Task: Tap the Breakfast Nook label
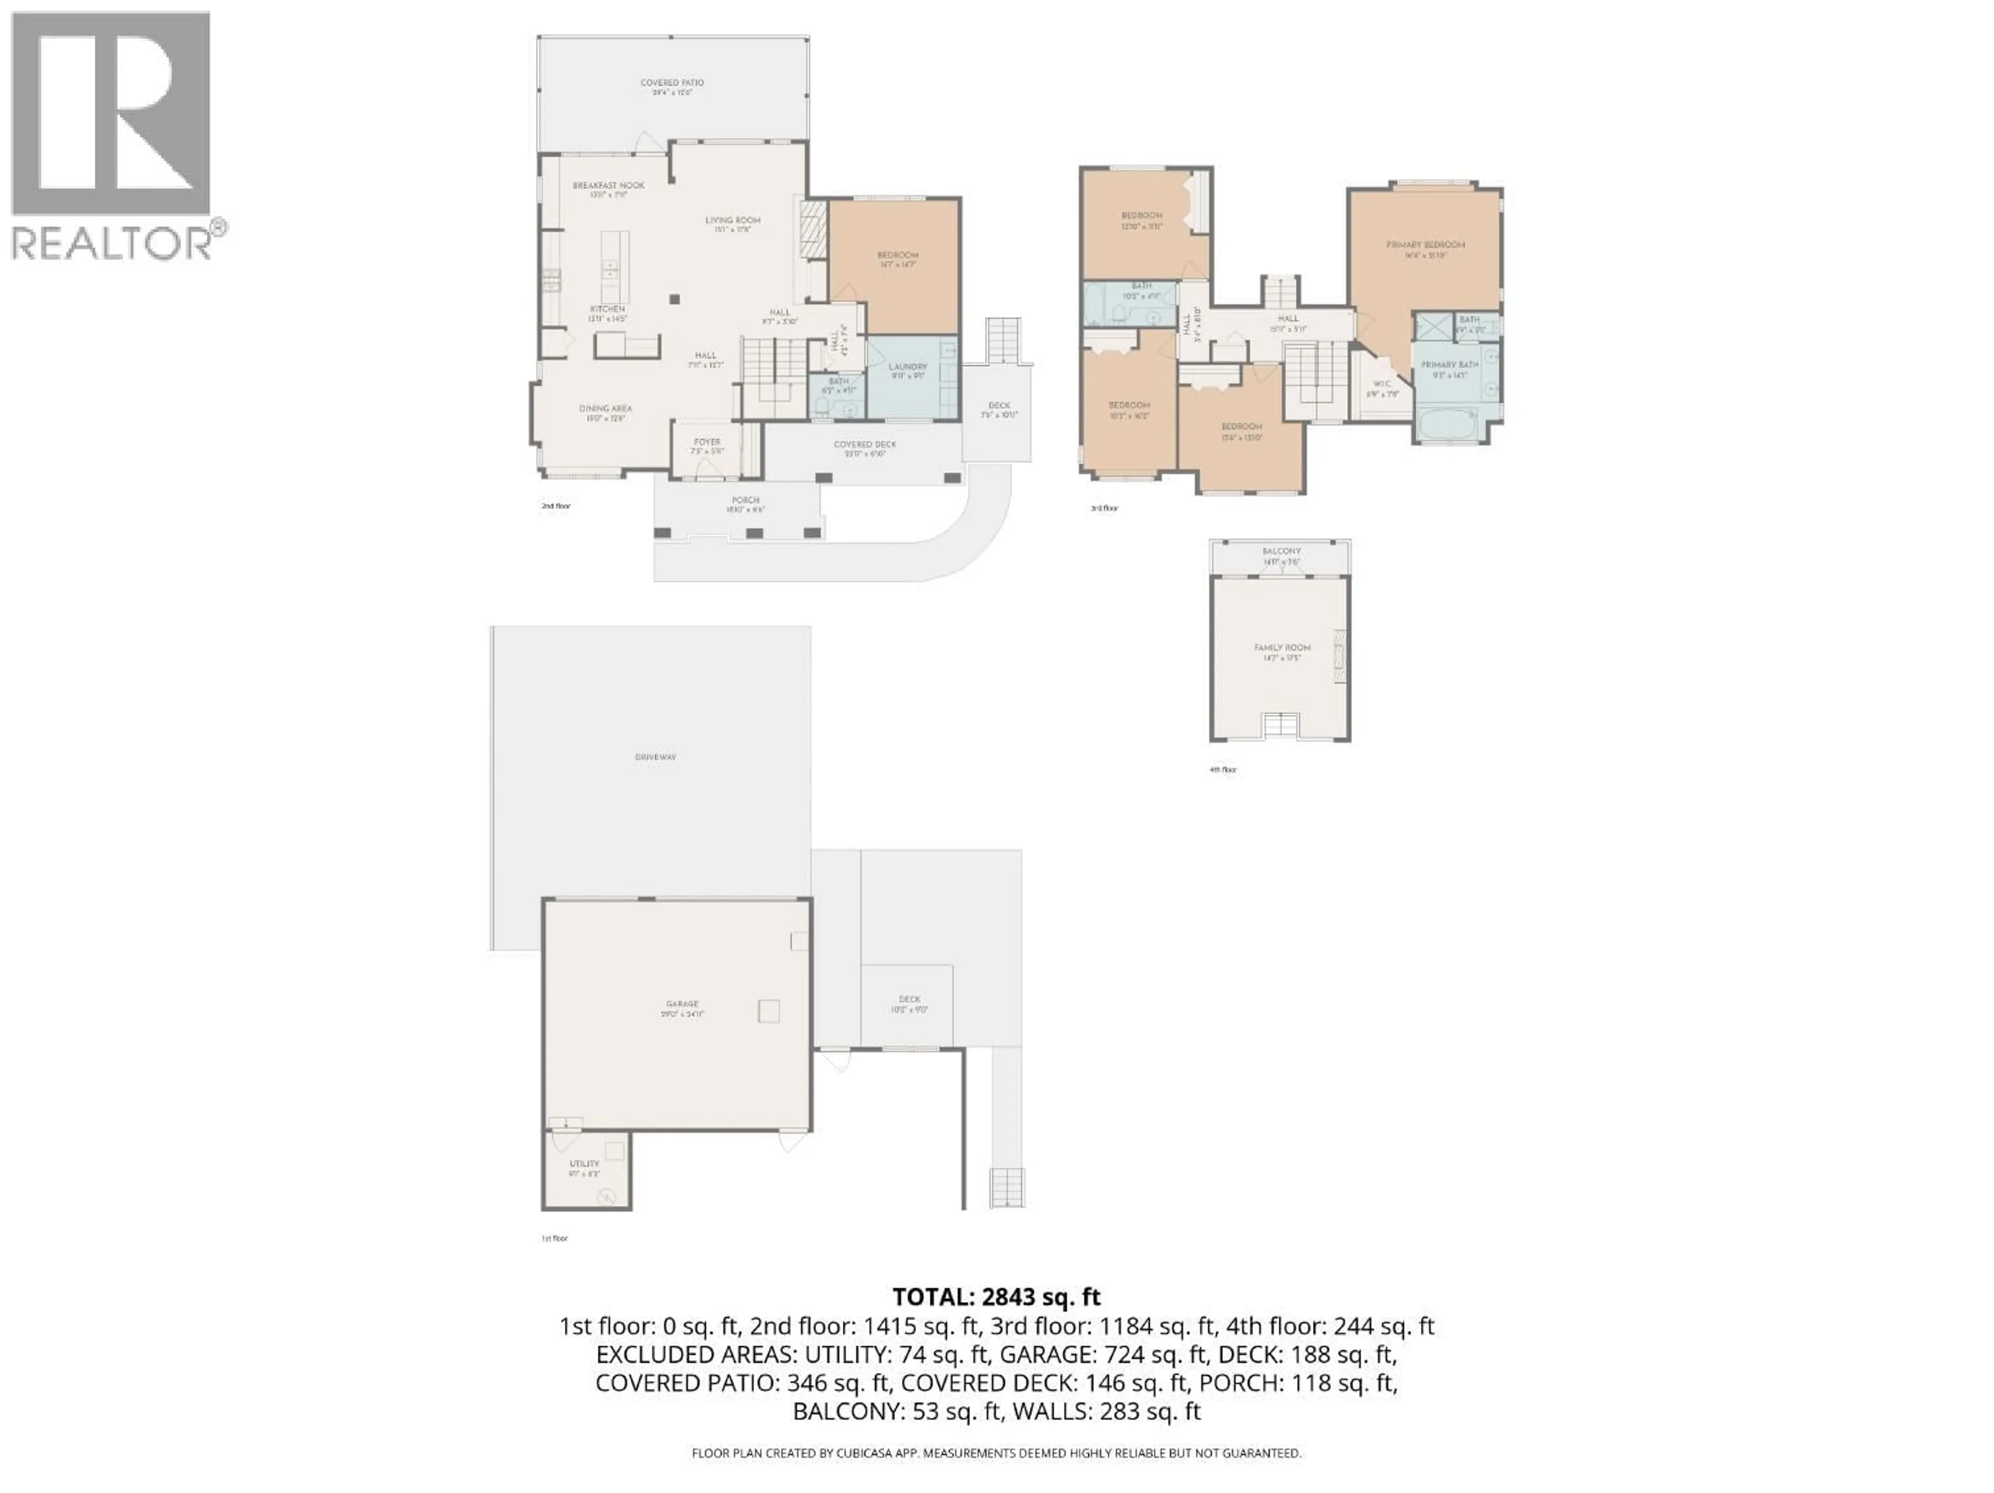pos(609,186)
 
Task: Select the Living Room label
pos(732,220)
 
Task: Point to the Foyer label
pos(707,442)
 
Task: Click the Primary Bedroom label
pos(1425,245)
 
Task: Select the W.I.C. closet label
pos(1382,384)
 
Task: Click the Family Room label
pos(1282,648)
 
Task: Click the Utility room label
pos(584,1164)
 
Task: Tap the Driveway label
pos(655,758)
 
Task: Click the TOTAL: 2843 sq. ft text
pos(996,1297)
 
